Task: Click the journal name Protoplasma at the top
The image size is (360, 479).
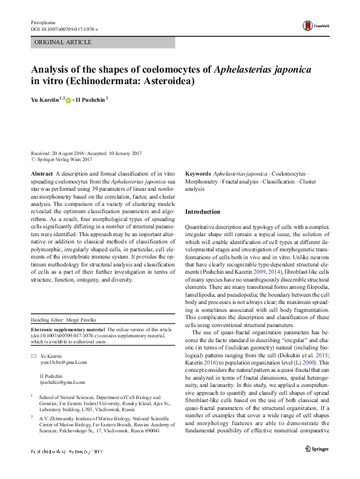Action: click(42, 22)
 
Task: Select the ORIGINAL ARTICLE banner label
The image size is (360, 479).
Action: click(63, 42)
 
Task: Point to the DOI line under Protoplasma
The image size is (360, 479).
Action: click(64, 29)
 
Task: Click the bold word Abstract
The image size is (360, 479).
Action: click(41, 173)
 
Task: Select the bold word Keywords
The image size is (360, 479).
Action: click(198, 173)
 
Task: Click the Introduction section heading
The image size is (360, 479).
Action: click(202, 212)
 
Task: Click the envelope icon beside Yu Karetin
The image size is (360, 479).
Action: click(33, 355)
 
